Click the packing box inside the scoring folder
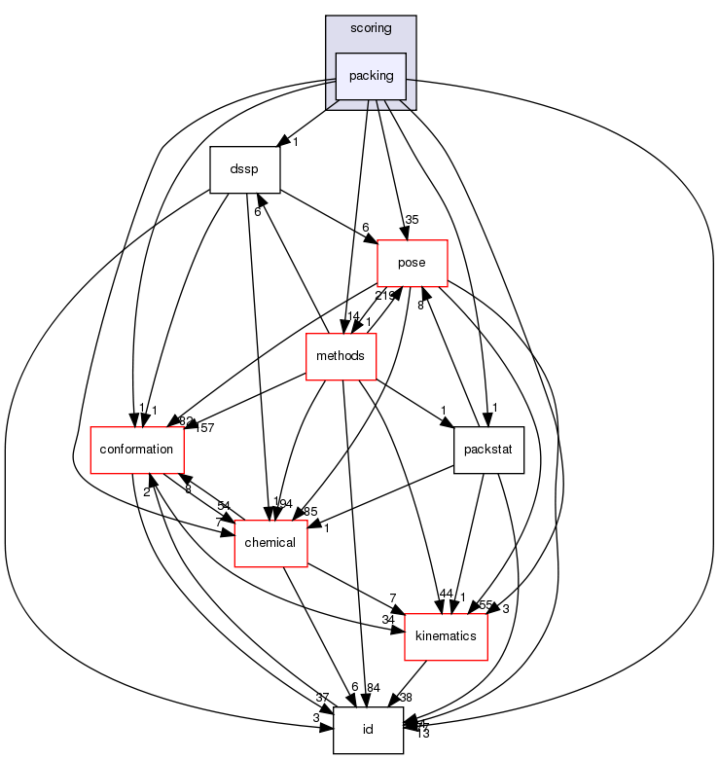coord(371,76)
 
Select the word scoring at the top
coord(371,28)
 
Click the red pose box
coord(412,264)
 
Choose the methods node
coord(341,356)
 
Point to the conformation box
coord(137,450)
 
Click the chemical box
coord(270,542)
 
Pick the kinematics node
coord(445,635)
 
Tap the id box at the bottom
coord(368,730)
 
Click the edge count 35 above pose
coord(413,219)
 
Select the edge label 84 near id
coord(374,688)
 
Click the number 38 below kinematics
coord(406,697)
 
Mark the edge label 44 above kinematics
coord(447,594)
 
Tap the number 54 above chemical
coord(223,506)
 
